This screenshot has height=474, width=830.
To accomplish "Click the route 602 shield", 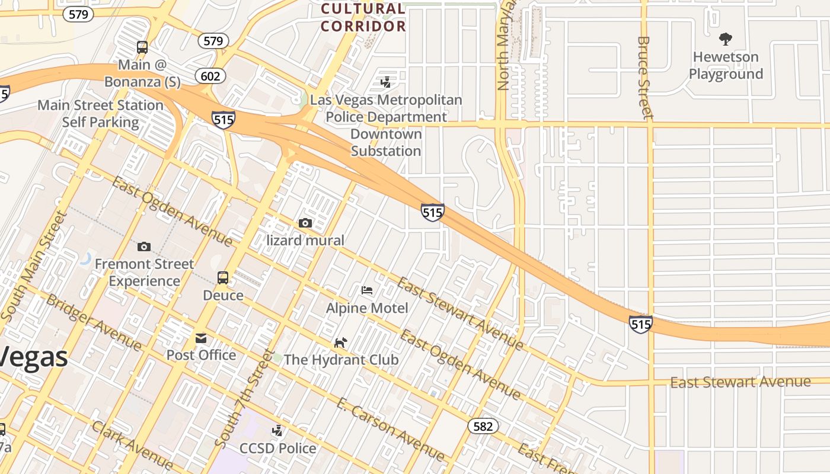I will point(210,76).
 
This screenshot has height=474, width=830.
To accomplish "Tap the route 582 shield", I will point(483,426).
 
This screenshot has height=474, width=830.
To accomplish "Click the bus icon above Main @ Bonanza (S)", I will point(142,47).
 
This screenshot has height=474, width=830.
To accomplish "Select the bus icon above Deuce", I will point(223,278).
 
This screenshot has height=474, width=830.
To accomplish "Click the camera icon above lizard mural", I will point(305,223).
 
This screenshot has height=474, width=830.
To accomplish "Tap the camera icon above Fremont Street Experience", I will point(144,246).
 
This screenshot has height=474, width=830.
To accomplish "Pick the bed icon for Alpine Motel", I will point(367,290).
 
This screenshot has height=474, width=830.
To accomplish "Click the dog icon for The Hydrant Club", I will point(340,342).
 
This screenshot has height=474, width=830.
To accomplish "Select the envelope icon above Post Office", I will point(201,338).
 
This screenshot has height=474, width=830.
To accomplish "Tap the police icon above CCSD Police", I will point(277,431).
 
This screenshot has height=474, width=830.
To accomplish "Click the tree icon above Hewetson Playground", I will point(725,40).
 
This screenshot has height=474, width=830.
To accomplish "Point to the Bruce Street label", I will point(644,77).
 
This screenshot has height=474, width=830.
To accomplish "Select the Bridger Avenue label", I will point(94,322).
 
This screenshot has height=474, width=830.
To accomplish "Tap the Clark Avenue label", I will point(132,443).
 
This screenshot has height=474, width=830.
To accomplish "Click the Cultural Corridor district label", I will point(363,17).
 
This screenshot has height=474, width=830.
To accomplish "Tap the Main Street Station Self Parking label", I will point(100,114).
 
